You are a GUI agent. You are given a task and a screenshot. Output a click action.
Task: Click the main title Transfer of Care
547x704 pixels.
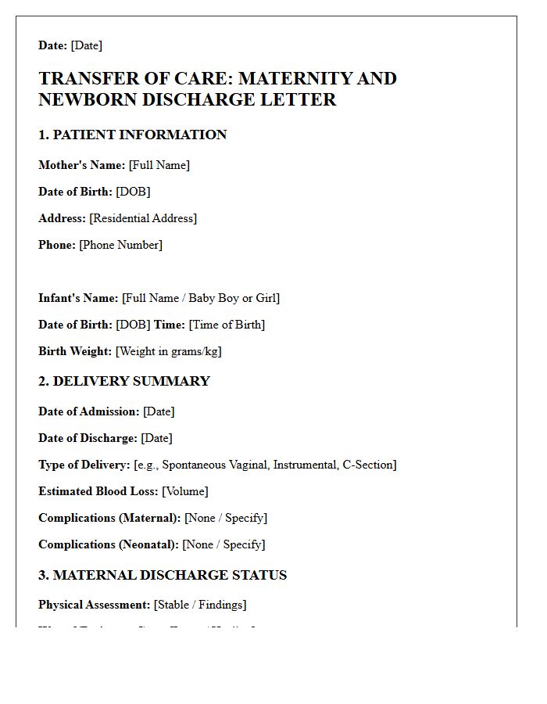click(x=217, y=88)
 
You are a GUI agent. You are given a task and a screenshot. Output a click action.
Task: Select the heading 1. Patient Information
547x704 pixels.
click(x=132, y=135)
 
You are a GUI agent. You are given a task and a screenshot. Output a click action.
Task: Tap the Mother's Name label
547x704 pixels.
click(x=81, y=165)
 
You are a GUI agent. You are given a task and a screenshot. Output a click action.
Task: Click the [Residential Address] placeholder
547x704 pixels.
click(x=143, y=218)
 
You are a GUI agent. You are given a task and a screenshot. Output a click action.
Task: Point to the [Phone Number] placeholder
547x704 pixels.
click(x=121, y=245)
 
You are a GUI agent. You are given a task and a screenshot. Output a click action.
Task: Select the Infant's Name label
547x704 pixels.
click(x=78, y=298)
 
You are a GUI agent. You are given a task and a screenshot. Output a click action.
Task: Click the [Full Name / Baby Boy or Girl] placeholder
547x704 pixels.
click(x=201, y=298)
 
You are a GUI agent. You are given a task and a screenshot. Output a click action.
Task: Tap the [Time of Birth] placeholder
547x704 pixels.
click(x=227, y=325)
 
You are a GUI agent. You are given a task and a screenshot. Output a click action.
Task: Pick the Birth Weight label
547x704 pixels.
click(x=75, y=351)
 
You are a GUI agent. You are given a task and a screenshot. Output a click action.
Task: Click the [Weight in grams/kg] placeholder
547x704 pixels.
click(x=169, y=351)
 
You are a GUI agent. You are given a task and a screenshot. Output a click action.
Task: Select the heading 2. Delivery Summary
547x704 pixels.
click(x=124, y=381)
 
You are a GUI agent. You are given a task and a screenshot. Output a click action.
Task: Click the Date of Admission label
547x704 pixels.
click(x=89, y=411)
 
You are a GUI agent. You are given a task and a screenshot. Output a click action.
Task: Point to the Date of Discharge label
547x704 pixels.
click(x=88, y=438)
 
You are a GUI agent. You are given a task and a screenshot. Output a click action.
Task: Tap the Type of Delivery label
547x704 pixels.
click(x=84, y=465)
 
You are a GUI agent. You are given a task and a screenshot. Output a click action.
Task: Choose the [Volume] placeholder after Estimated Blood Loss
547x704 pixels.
click(x=185, y=491)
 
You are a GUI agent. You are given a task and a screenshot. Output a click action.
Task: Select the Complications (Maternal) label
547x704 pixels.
click(x=109, y=518)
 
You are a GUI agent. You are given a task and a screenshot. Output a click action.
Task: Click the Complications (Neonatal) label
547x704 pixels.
click(x=109, y=544)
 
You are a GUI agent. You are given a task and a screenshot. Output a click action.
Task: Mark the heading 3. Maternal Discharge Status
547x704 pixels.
click(x=163, y=575)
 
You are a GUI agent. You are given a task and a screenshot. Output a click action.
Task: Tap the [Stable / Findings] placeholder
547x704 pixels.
click(x=200, y=605)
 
